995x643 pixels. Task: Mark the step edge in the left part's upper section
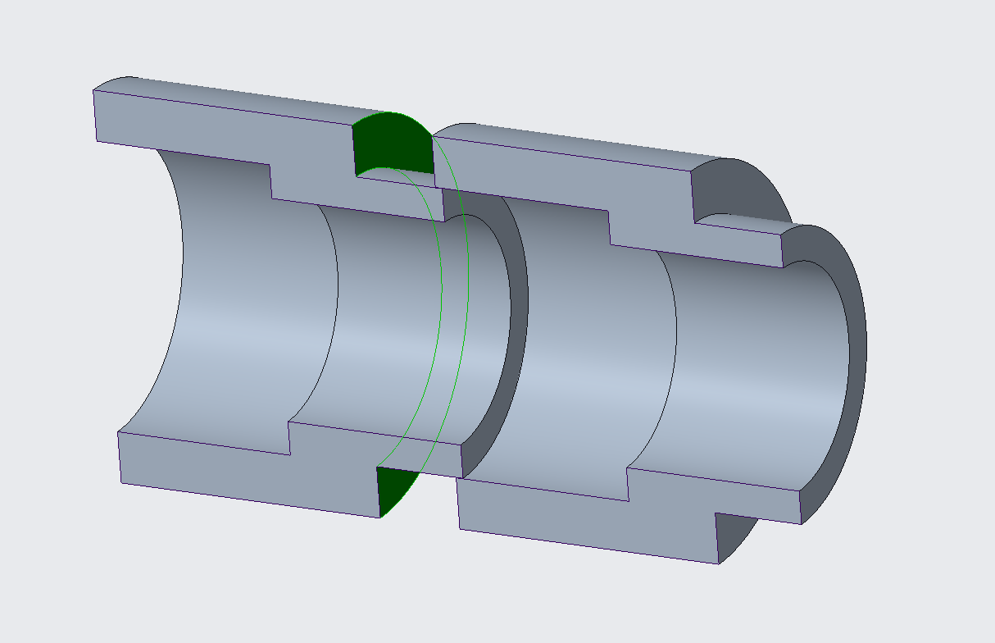(270, 181)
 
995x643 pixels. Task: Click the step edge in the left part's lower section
(289, 439)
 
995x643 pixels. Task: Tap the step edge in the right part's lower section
(628, 484)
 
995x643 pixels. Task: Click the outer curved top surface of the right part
(574, 144)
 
